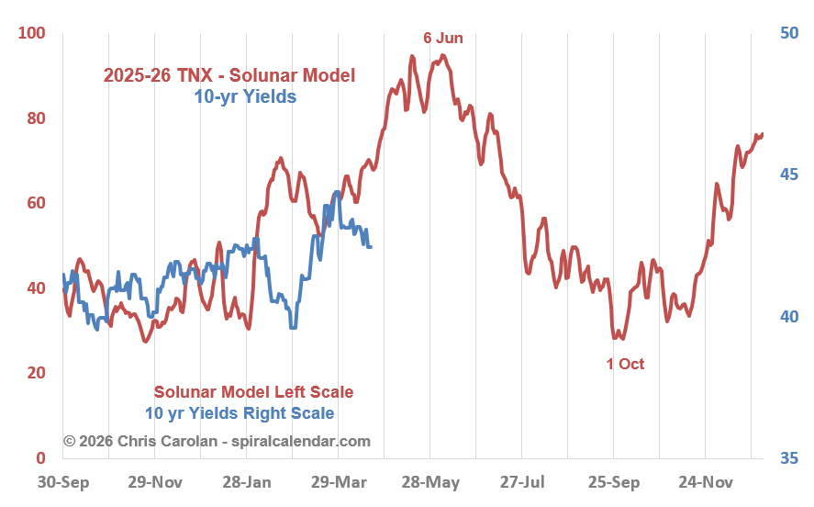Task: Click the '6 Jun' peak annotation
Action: [x=442, y=38]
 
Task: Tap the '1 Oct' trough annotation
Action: [x=625, y=364]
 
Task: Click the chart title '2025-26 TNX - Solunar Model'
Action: [x=229, y=75]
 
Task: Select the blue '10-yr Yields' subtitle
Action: [x=245, y=95]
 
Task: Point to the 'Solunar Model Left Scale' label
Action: [x=253, y=392]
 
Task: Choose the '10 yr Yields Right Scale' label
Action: [x=240, y=413]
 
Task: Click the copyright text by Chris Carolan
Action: [x=217, y=441]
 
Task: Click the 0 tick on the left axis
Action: [x=40, y=457]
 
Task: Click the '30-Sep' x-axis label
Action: [x=62, y=481]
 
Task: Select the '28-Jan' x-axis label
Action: [x=246, y=481]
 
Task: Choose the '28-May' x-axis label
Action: [x=429, y=481]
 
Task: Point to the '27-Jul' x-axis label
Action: [x=521, y=481]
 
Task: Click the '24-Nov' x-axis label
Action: [x=705, y=481]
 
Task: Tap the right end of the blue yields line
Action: [x=370, y=246]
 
